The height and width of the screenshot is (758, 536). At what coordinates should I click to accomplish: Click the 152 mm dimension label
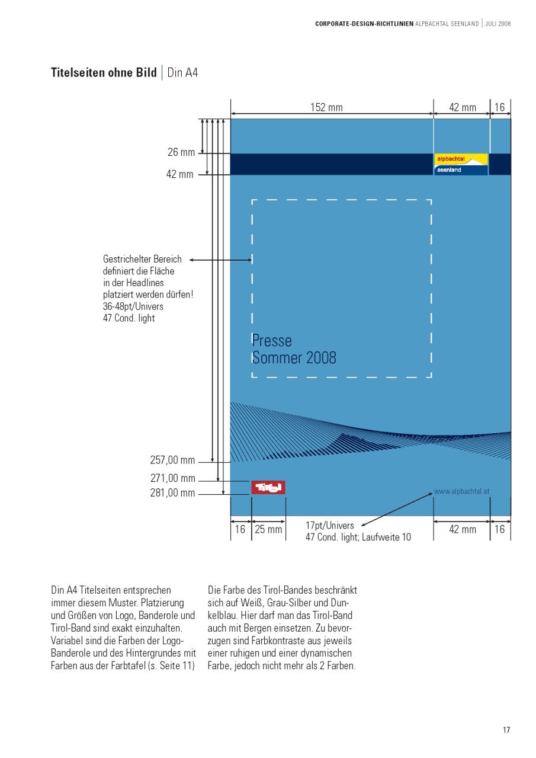pyautogui.click(x=326, y=107)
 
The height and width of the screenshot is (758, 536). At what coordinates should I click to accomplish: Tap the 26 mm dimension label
pyautogui.click(x=181, y=152)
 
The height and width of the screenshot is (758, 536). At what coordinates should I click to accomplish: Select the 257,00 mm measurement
pyautogui.click(x=172, y=460)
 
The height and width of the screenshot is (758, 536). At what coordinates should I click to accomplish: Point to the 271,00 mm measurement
pyautogui.click(x=172, y=478)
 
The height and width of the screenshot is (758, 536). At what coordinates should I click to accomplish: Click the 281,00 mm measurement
pyautogui.click(x=172, y=492)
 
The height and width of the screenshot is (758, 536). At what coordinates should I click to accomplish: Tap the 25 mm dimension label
pyautogui.click(x=268, y=529)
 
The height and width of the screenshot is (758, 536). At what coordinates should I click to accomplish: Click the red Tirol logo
pyautogui.click(x=268, y=487)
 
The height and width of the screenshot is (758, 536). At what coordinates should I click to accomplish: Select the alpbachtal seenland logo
pyautogui.click(x=461, y=164)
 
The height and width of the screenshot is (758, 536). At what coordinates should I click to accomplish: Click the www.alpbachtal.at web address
pyautogui.click(x=461, y=491)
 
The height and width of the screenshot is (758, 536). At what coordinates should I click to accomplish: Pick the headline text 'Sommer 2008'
pyautogui.click(x=294, y=358)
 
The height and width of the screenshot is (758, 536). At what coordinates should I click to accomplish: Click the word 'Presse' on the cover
pyautogui.click(x=272, y=341)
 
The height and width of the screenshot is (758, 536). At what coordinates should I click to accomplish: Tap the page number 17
pyautogui.click(x=506, y=730)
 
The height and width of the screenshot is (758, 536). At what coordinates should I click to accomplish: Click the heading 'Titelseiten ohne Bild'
pyautogui.click(x=104, y=73)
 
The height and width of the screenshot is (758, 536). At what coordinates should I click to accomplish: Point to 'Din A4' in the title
pyautogui.click(x=182, y=73)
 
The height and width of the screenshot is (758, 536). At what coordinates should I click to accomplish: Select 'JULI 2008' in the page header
pyautogui.click(x=498, y=24)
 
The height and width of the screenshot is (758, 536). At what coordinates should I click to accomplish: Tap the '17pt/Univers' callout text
pyautogui.click(x=330, y=526)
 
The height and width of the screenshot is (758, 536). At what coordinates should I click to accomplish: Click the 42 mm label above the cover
pyautogui.click(x=462, y=107)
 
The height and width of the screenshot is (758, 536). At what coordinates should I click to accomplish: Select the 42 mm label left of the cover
pyautogui.click(x=179, y=174)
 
